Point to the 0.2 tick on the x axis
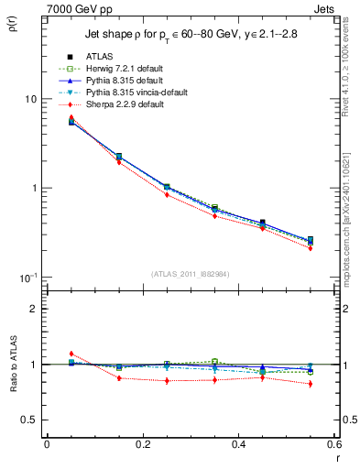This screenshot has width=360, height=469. click(x=142, y=444)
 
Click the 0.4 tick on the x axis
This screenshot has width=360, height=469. click(x=238, y=444)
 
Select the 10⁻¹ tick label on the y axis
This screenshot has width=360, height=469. click(x=28, y=278)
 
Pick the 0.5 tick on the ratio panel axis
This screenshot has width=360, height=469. click(x=30, y=420)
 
